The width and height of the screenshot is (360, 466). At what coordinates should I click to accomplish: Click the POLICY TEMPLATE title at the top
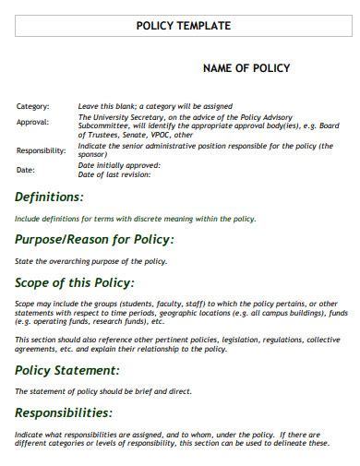click(x=183, y=26)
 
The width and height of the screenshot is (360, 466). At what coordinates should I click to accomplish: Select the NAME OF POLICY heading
click(x=246, y=68)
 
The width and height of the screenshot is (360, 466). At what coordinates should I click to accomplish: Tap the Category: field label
click(x=32, y=106)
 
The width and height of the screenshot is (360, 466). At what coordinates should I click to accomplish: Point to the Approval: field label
click(x=32, y=122)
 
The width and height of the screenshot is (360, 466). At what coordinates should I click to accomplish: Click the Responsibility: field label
click(x=41, y=149)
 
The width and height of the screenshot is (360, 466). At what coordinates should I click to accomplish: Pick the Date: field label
click(x=25, y=170)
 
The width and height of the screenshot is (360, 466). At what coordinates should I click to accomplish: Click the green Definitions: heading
click(x=49, y=197)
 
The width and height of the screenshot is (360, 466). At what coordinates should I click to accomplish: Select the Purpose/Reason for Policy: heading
click(x=94, y=239)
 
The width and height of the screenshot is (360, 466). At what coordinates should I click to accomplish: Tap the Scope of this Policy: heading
click(x=75, y=282)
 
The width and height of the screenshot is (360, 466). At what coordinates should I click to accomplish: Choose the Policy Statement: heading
click(x=67, y=369)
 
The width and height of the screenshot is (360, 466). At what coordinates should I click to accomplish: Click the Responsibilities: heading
click(x=64, y=412)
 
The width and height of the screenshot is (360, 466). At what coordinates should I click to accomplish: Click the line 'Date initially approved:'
click(x=119, y=165)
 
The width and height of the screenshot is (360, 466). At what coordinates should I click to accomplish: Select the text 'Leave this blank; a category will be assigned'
click(x=155, y=106)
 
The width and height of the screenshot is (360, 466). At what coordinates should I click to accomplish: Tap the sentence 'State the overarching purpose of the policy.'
click(x=90, y=261)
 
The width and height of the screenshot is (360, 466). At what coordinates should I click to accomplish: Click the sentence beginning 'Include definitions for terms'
click(x=135, y=219)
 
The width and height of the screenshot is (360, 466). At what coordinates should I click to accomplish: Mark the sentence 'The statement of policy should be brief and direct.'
click(x=103, y=391)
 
